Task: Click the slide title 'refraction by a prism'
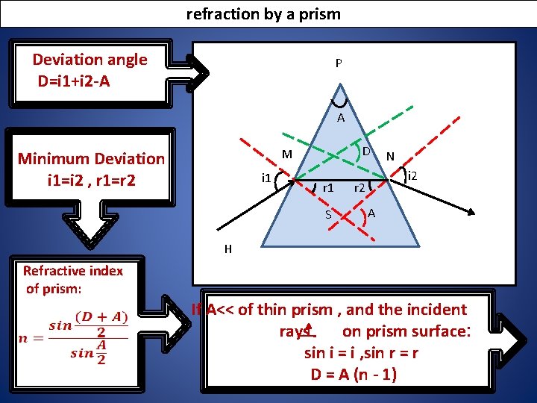263,13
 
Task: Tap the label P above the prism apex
339,63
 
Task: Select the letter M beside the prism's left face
286,154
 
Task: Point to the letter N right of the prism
390,156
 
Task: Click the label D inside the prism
366,152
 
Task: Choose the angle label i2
412,176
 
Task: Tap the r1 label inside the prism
326,188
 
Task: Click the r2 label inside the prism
359,188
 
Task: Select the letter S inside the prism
327,216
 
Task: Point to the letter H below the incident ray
228,249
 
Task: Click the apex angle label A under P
340,118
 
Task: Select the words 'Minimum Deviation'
91,158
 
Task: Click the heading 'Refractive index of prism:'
73,279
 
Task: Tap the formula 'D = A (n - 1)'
354,373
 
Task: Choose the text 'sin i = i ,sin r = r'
361,352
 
